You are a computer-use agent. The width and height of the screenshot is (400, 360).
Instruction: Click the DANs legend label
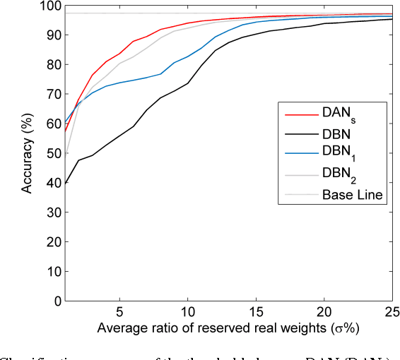tap(343, 112)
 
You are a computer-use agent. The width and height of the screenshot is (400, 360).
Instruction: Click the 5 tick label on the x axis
tap(119, 312)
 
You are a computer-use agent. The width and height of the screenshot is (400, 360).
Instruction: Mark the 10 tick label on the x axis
tap(188, 312)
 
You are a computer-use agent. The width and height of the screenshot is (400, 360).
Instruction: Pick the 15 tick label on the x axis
tap(256, 312)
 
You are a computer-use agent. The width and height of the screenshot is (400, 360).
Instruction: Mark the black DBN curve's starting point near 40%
tap(52, 184)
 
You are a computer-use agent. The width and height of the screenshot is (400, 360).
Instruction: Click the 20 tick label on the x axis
tap(324, 312)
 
